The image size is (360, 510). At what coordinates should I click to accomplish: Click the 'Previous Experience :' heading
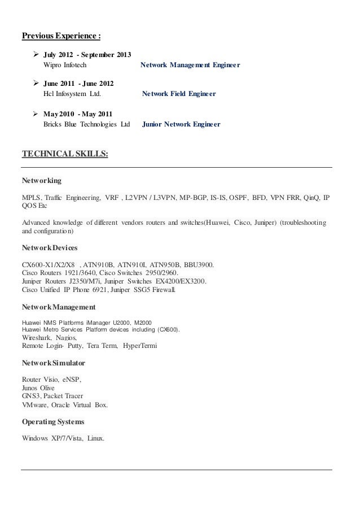[x=62, y=37]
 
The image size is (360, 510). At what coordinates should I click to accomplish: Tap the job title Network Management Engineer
[x=190, y=66]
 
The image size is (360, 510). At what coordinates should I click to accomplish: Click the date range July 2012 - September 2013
[x=87, y=55]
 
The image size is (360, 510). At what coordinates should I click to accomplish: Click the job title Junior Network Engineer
[x=181, y=124]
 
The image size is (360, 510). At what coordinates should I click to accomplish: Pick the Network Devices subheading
[x=50, y=247]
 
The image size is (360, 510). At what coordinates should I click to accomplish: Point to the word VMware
[x=34, y=405]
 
